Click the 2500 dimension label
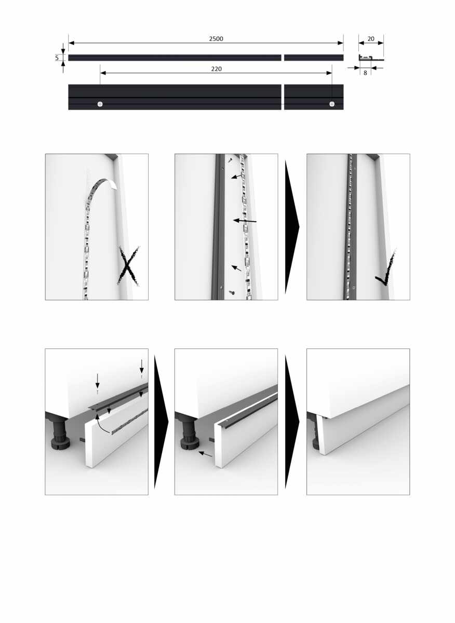216,38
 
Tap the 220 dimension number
216,69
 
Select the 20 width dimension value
371,38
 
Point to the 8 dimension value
365,73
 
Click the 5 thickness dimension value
57,58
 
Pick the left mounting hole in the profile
100,104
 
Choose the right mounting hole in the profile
332,104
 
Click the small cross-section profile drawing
371,58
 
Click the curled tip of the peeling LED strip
114,184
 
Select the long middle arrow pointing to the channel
245,221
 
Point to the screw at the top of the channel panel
230,160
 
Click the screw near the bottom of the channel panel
232,292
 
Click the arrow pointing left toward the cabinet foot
205,454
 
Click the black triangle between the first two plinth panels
161,422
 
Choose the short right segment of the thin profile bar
314,58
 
